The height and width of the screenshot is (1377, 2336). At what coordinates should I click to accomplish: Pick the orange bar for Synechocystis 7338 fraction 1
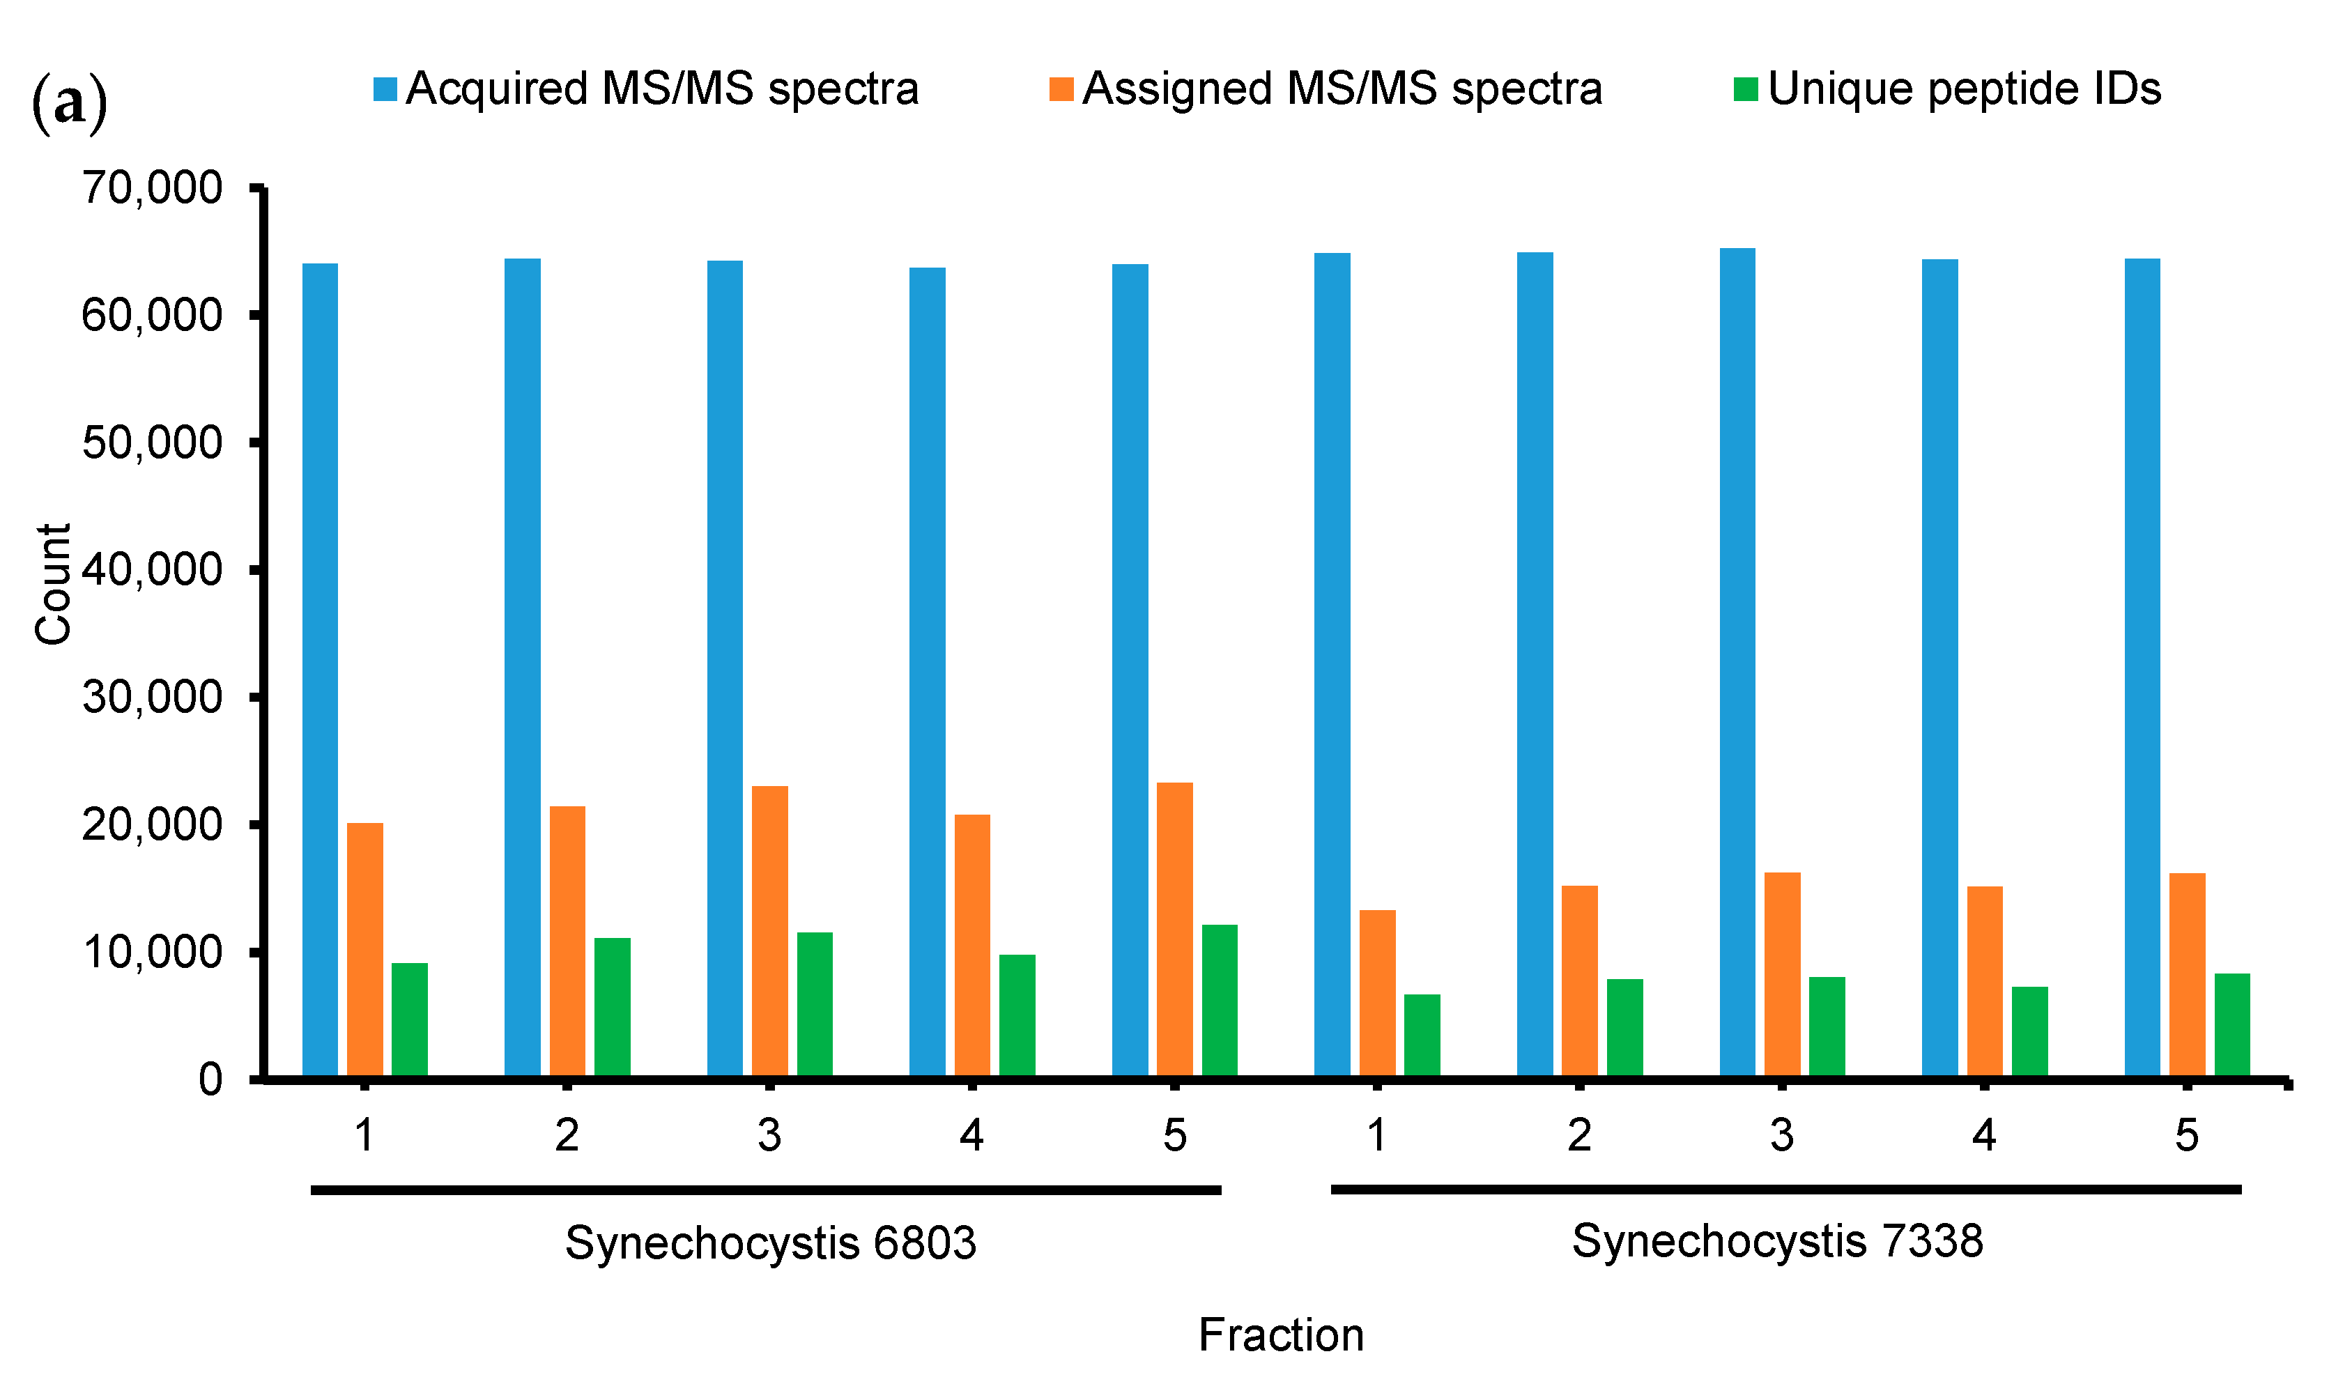coord(1377,994)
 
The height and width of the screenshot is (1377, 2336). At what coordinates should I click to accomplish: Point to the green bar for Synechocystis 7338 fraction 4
coord(2030,1032)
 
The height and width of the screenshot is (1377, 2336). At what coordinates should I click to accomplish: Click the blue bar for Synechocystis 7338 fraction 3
coord(1737,663)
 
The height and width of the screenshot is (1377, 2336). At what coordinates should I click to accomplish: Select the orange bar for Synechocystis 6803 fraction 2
coord(567,942)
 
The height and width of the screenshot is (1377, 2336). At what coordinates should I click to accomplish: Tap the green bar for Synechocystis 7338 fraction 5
coord(2232,1025)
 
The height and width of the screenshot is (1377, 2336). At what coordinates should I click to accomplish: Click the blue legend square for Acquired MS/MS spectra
coord(385,89)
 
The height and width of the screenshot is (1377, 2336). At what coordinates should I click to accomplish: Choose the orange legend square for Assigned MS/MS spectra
coord(1061,89)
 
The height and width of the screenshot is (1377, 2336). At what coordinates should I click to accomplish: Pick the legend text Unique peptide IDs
coord(1964,89)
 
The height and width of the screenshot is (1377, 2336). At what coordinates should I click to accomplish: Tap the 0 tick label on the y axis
coord(210,1079)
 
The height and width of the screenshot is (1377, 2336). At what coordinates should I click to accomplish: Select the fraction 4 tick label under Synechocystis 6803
coord(971,1134)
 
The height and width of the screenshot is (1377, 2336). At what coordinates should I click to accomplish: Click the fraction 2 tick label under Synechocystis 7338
coord(1579,1134)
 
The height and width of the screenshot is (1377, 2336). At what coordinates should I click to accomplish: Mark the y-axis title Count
coord(53,584)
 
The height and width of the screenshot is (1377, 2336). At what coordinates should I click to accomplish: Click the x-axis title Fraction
coord(1280,1335)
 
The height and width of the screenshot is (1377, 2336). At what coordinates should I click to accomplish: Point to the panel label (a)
coord(70,104)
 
